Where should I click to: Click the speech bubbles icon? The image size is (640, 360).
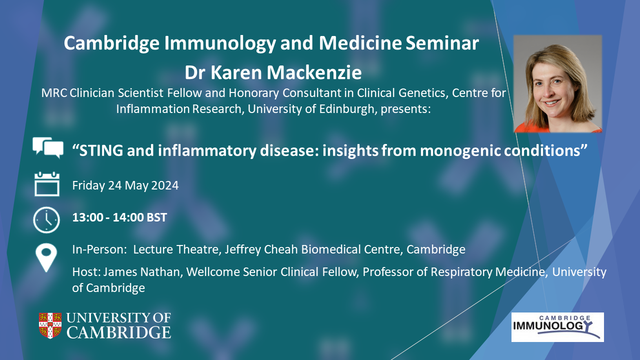[47, 147]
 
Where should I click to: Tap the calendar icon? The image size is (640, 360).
[47, 184]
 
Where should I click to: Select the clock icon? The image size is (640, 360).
[46, 219]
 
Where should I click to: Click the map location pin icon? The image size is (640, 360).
[46, 257]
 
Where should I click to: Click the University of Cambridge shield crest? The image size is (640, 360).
[50, 325]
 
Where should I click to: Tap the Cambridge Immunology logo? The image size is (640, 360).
[557, 327]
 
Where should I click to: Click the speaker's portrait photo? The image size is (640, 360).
[557, 83]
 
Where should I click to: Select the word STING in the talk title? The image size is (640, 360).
[101, 150]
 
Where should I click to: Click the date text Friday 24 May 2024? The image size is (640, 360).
[125, 185]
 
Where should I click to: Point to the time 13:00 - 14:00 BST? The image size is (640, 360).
[119, 217]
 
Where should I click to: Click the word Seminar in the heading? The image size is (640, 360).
[442, 43]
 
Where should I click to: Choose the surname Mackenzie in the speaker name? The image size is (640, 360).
[314, 72]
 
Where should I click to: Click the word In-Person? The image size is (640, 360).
[99, 249]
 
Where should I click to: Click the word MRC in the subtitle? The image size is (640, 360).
[54, 93]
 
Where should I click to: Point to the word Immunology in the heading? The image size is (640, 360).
[220, 43]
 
